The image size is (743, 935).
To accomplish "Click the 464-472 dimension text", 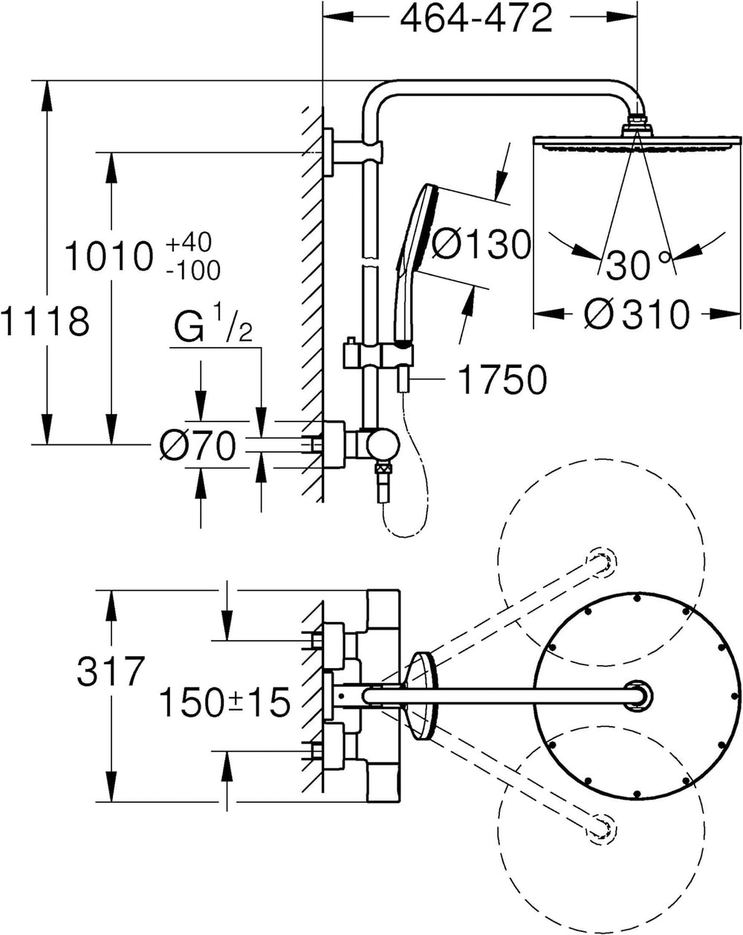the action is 476,19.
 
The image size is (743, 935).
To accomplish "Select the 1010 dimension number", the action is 109,256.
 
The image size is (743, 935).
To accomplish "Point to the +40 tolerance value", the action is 189,242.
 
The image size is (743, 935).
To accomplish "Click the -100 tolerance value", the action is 193,271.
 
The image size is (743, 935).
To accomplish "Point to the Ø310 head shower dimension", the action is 637,314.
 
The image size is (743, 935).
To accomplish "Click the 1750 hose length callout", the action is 503,380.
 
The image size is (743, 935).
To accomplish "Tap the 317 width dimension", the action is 111,670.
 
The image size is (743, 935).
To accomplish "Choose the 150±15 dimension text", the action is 224,702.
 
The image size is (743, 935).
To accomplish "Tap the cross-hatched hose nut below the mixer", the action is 383,469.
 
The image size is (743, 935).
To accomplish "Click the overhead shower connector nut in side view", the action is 637,125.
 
